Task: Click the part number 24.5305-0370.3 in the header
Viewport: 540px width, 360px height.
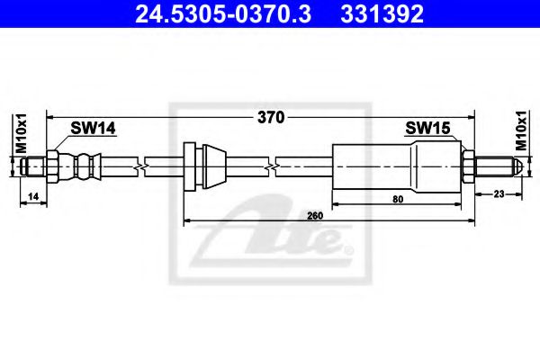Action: (x=223, y=14)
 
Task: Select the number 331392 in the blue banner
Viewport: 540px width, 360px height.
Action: (x=382, y=14)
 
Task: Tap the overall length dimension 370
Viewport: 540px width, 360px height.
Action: (x=271, y=118)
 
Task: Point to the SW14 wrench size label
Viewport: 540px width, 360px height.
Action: (x=93, y=128)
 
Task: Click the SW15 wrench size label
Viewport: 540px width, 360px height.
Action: (x=427, y=128)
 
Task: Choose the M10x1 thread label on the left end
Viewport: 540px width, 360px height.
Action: (x=22, y=133)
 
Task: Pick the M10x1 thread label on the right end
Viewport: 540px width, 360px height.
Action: (x=521, y=130)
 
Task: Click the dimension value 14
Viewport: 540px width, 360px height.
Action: (x=33, y=196)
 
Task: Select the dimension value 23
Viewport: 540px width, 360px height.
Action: (x=499, y=194)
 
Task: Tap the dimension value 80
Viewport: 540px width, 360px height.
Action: (x=398, y=199)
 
